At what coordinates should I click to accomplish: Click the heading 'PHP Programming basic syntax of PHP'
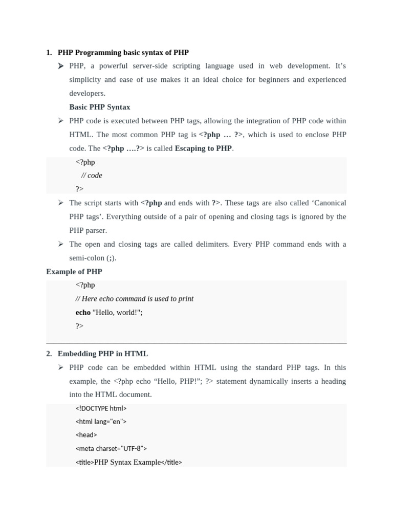point(123,52)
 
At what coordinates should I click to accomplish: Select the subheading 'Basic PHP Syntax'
point(100,107)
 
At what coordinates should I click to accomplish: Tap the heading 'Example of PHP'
point(74,272)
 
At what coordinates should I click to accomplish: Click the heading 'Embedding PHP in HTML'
point(103,354)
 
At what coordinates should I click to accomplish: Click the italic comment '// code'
point(92,176)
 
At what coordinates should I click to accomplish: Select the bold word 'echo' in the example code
point(83,312)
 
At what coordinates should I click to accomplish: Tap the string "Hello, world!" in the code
point(117,312)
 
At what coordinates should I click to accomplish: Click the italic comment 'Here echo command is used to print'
point(137,299)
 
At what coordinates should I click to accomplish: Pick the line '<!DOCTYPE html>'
point(101,408)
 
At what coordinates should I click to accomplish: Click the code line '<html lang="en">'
point(101,422)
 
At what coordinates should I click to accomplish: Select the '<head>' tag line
point(86,435)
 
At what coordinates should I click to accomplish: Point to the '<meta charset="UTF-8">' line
point(111,449)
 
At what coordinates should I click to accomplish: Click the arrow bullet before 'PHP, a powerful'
point(60,66)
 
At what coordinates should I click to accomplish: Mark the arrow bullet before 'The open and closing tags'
point(60,244)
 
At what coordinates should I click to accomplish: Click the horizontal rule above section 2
point(196,343)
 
